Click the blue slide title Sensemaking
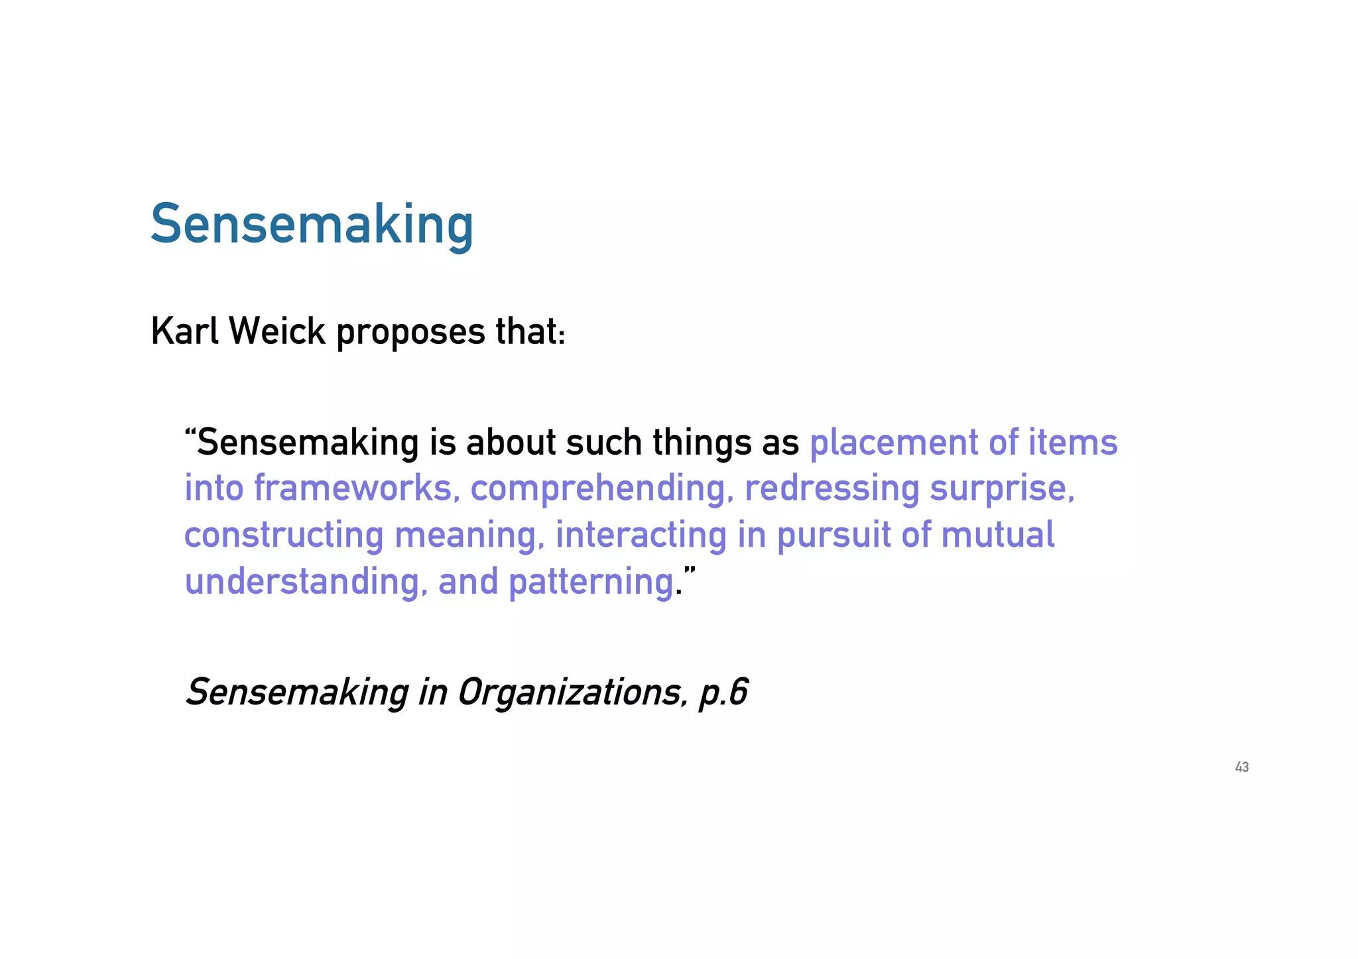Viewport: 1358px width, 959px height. click(312, 225)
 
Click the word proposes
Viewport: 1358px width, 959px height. click(410, 333)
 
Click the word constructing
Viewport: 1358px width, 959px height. click(284, 536)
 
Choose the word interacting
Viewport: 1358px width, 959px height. click(641, 536)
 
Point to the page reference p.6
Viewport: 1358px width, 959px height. click(723, 693)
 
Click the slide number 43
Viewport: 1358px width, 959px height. click(1241, 767)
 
